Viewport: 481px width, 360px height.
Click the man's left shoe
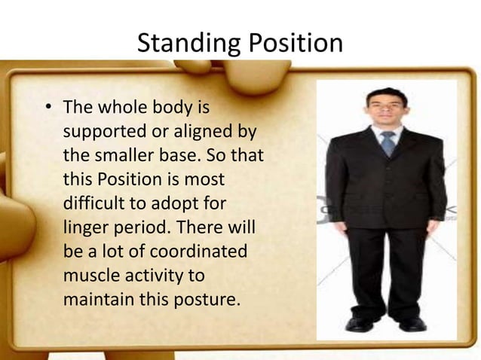pos(412,323)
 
